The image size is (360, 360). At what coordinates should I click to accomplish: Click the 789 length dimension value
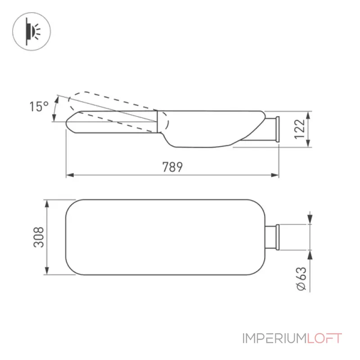coord(172,167)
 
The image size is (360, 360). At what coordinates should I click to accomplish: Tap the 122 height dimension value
coord(300,129)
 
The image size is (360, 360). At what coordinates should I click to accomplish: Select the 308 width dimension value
coord(39,237)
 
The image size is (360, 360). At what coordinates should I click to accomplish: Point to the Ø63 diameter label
coord(301,279)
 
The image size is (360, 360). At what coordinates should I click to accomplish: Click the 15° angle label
coord(39,106)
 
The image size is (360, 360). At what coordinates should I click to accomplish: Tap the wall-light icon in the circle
coord(31,31)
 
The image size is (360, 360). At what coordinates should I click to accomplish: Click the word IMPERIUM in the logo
coord(274,338)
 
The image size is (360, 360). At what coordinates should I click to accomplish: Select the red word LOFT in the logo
coord(324,338)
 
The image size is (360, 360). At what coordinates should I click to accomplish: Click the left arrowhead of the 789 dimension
coord(70,175)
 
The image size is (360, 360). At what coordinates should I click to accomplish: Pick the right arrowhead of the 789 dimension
coord(275,175)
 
